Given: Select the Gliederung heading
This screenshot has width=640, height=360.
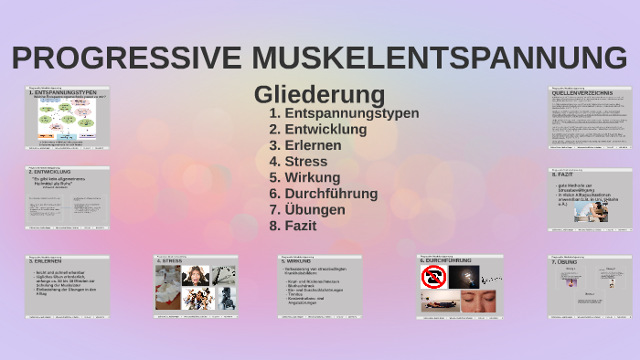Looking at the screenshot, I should (319, 93).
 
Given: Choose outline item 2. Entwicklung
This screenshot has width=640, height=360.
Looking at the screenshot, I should (318, 130).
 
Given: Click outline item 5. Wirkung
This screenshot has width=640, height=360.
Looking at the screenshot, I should (304, 177).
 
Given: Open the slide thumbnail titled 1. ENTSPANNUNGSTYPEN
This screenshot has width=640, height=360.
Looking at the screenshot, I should (67, 118).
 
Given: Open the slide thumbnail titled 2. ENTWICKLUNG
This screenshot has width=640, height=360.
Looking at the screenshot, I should (67, 197).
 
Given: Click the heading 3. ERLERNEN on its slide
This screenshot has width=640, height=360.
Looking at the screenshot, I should (46, 262).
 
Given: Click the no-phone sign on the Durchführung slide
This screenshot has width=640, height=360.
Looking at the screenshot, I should (433, 277).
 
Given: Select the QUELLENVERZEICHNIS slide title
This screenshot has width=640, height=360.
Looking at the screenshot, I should (582, 92).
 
